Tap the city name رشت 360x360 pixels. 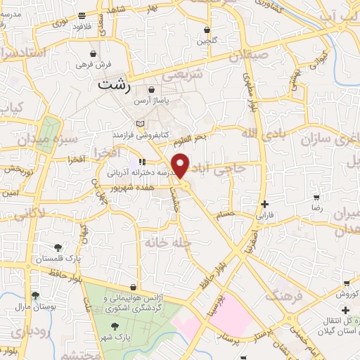click(115, 86)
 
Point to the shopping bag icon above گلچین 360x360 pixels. click(207, 30)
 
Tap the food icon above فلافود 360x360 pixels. click(82, 15)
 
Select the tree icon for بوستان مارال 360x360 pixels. click(35, 296)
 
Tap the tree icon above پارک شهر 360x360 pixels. click(115, 326)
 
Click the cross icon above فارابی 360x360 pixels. click(264, 203)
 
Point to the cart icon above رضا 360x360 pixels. click(317, 198)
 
